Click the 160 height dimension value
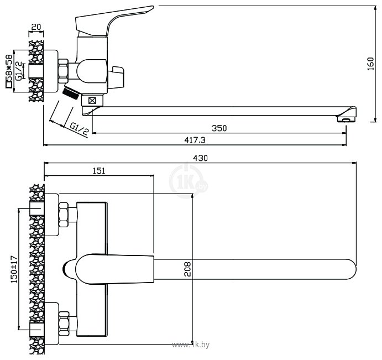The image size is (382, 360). pyautogui.click(x=370, y=65)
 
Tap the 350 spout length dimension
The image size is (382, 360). pyautogui.click(x=219, y=128)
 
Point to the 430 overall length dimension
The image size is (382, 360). pyautogui.click(x=200, y=158)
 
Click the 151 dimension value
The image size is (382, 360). pyautogui.click(x=98, y=171)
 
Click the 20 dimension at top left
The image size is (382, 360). pyautogui.click(x=37, y=27)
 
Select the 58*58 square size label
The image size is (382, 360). pyautogui.click(x=8, y=71)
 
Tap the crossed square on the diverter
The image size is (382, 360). pyautogui.click(x=92, y=101)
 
